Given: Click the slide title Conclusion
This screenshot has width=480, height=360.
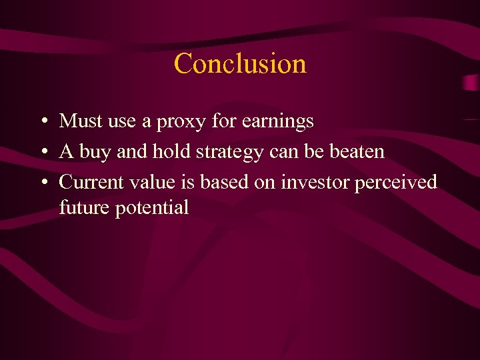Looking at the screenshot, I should (240, 64).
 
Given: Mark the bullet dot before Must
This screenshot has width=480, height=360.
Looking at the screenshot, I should (42, 122).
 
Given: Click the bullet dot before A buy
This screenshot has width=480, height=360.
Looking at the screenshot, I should (42, 152).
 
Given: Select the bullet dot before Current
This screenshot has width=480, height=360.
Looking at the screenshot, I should (42, 182).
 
